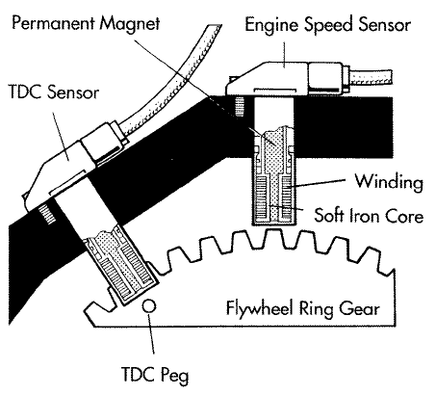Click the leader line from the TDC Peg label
click(152, 337)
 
